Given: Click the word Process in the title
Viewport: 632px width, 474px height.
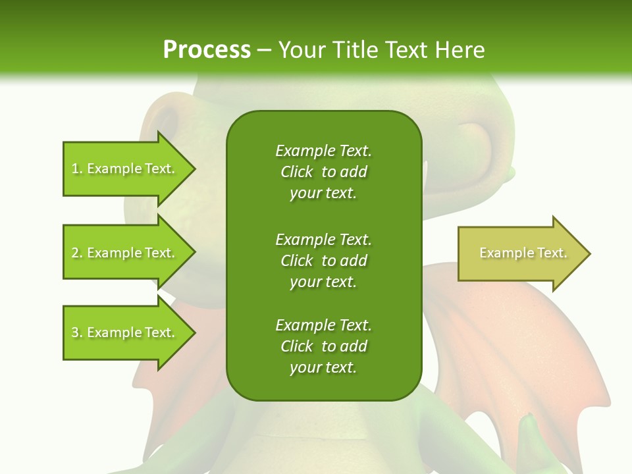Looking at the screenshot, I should [x=207, y=50].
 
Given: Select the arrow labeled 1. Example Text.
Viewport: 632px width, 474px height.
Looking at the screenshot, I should [x=125, y=169].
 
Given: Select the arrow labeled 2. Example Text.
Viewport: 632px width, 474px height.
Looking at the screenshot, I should [x=125, y=253].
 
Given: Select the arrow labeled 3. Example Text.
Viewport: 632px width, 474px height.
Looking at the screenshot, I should [x=125, y=332].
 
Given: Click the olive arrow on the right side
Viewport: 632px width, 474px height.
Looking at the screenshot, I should [x=520, y=253].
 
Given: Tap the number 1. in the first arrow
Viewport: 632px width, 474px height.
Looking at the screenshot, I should [x=77, y=169].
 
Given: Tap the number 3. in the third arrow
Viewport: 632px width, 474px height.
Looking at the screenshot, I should [x=77, y=333].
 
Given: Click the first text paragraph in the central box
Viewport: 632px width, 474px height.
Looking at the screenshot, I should [x=323, y=172].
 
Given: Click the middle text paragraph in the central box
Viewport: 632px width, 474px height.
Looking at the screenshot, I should [x=323, y=260].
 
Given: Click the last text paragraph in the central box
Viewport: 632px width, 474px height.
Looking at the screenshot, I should [x=323, y=346].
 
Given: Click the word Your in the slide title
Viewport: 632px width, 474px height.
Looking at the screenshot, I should [x=301, y=50].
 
